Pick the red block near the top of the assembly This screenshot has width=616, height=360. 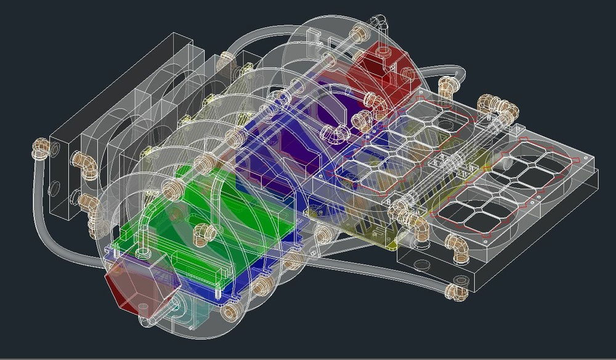[377, 68]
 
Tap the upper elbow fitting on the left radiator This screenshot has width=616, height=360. [83, 162]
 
